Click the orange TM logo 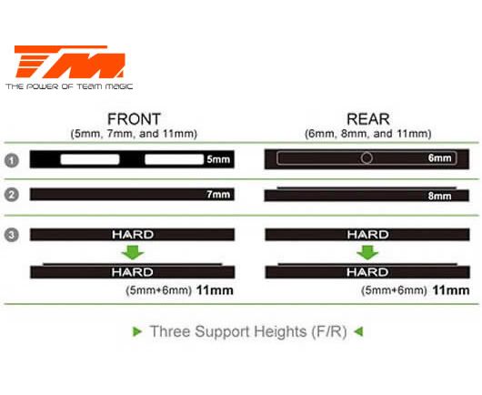coord(70,62)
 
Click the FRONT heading coord(134,119)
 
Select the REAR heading coord(368,119)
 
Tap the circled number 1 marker coord(12,160)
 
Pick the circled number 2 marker coord(12,195)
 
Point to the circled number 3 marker coord(12,235)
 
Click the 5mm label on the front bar coord(218,159)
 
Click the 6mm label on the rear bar coord(439,158)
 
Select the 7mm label coord(218,195)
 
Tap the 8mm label coord(439,196)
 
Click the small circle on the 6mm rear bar coord(367,157)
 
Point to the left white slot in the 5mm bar coord(90,159)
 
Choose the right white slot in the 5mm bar coord(175,159)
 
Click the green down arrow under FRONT coord(133,253)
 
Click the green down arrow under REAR coord(367,253)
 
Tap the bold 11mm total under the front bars coord(215,290)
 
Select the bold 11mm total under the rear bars coord(451,290)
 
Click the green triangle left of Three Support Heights coord(137,331)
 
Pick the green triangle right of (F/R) coord(358,331)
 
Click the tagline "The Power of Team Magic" coord(69,86)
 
